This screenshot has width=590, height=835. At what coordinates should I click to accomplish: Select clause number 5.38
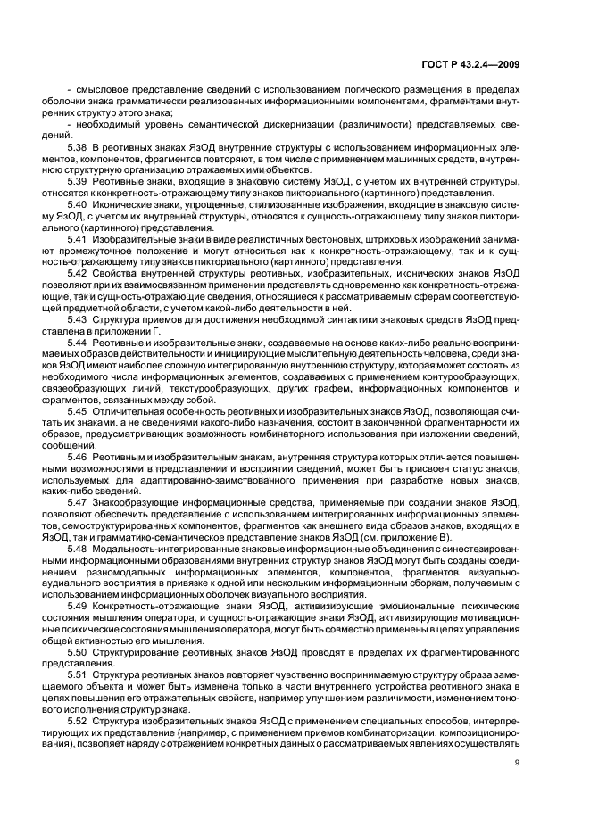click(79, 145)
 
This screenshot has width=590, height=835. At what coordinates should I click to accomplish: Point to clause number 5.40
click(79, 205)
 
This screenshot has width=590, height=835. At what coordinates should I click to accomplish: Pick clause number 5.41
click(79, 241)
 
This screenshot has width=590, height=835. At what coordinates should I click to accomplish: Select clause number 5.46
click(79, 456)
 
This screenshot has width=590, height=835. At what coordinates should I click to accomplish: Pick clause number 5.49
click(79, 606)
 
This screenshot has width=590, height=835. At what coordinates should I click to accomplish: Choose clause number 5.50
click(79, 653)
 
